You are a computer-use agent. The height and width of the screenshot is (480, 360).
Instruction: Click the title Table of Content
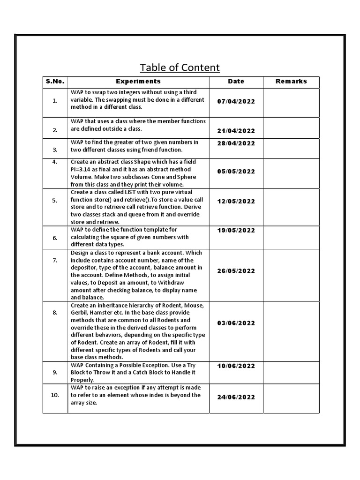pos(180,67)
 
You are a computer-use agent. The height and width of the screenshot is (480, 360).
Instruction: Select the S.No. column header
pos(55,82)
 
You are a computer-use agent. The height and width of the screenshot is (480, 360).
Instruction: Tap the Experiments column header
pos(138,82)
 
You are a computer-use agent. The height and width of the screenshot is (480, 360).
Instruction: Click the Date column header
pos(236,82)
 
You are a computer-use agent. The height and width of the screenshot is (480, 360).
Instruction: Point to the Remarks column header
pos(291,82)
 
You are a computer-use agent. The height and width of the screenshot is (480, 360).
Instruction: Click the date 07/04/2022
pos(236,102)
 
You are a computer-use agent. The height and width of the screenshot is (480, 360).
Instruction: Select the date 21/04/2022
pos(236,131)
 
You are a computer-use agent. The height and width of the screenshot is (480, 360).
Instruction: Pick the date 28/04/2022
pos(236,143)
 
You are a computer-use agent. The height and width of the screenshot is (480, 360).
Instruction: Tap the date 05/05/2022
pos(236,172)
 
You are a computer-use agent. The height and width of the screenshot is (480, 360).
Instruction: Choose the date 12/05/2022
pos(236,202)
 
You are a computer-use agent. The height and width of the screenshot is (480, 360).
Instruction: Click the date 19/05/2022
pos(236,231)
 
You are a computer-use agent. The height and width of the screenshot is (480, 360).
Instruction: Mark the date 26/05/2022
pos(236,271)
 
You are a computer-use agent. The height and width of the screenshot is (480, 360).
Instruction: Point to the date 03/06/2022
pos(236,323)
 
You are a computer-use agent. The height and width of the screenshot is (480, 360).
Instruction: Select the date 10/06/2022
pos(236,366)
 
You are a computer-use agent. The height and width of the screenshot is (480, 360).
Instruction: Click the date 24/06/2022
pos(236,397)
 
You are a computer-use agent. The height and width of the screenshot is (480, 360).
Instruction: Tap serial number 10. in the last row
pos(55,395)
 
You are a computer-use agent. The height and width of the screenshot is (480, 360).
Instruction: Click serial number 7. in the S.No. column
pos(55,260)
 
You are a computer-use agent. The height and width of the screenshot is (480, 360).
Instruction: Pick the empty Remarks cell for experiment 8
pos(291,331)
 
